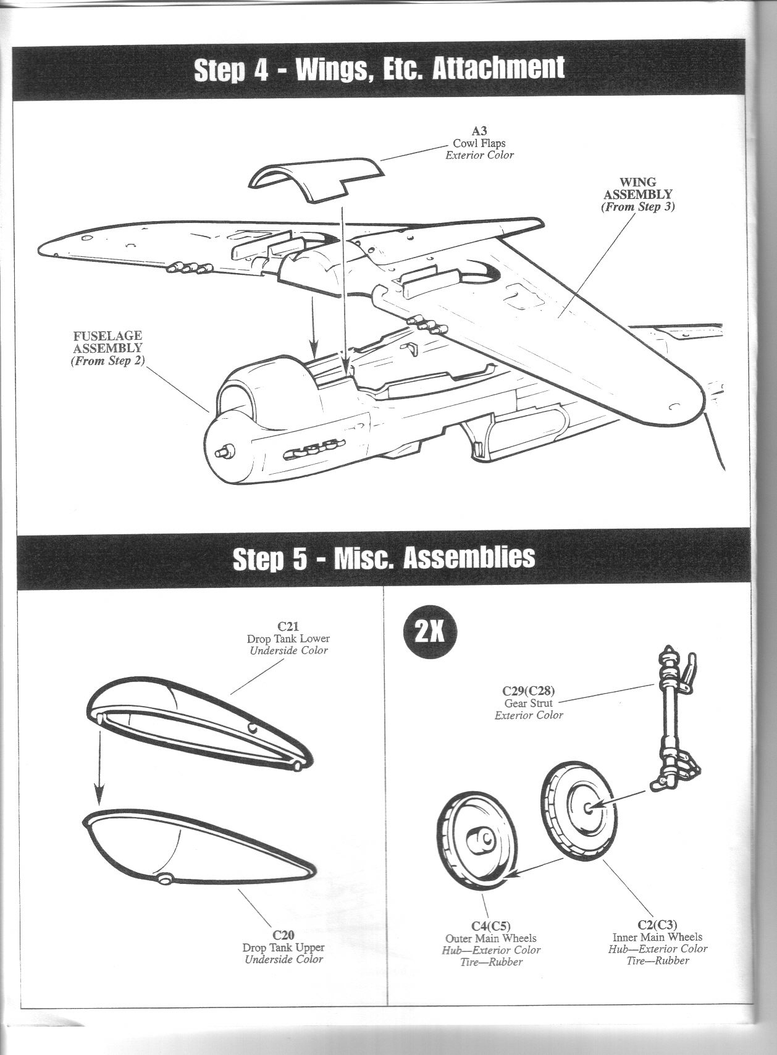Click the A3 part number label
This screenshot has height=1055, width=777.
[479, 131]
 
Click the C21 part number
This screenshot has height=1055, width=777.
[288, 627]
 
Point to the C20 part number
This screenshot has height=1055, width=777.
[283, 935]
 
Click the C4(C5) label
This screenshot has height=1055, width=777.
[491, 926]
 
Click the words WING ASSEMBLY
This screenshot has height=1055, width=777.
[638, 188]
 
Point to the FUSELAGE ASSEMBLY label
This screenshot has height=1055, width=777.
[107, 342]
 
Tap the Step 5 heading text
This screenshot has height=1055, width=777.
[384, 558]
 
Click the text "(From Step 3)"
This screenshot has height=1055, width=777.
[638, 207]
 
